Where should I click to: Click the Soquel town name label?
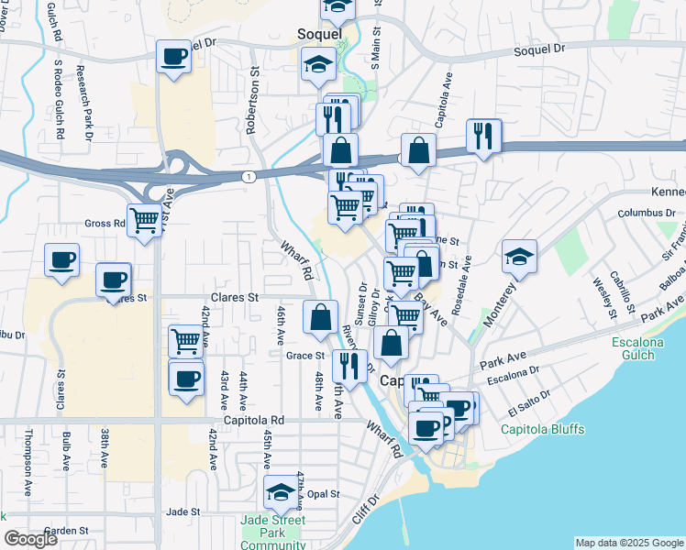[x=319, y=34]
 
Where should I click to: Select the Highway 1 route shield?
[x=249, y=175]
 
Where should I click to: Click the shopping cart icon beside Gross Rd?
[x=145, y=220]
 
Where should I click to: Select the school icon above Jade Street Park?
[x=281, y=491]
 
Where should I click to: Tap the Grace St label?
[x=305, y=356]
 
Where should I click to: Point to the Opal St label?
[x=324, y=493]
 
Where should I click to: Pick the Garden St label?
[x=66, y=530]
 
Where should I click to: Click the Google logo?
[x=31, y=539]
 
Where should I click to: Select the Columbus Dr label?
[x=646, y=213]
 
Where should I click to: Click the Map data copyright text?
[x=629, y=543]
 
